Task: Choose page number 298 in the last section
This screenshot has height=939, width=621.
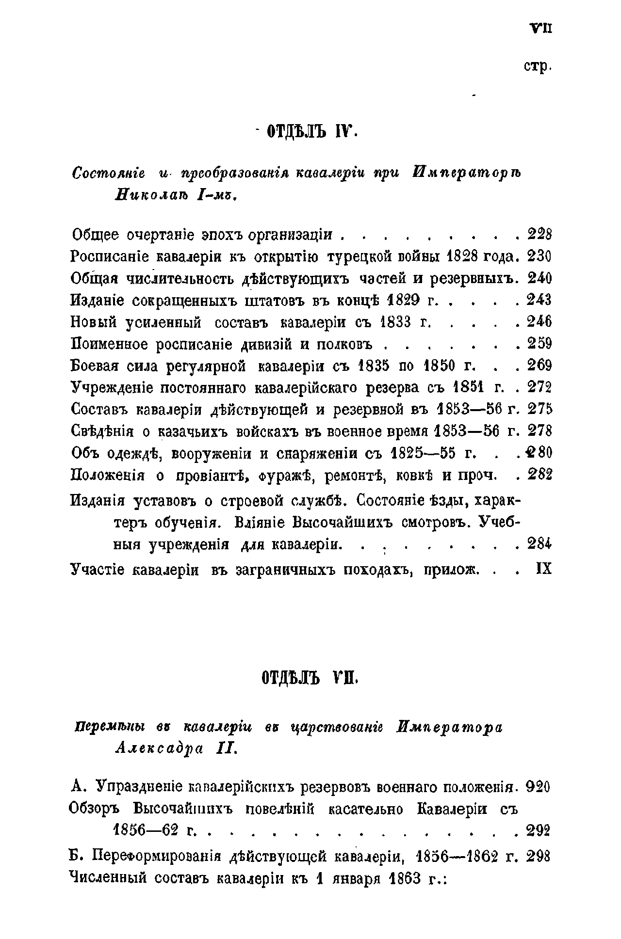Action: (539, 856)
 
